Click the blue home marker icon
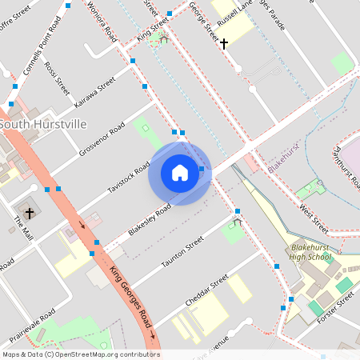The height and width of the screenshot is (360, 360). (x=179, y=173)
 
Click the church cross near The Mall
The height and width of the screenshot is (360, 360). (x=30, y=213)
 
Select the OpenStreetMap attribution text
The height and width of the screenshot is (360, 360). (x=80, y=354)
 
